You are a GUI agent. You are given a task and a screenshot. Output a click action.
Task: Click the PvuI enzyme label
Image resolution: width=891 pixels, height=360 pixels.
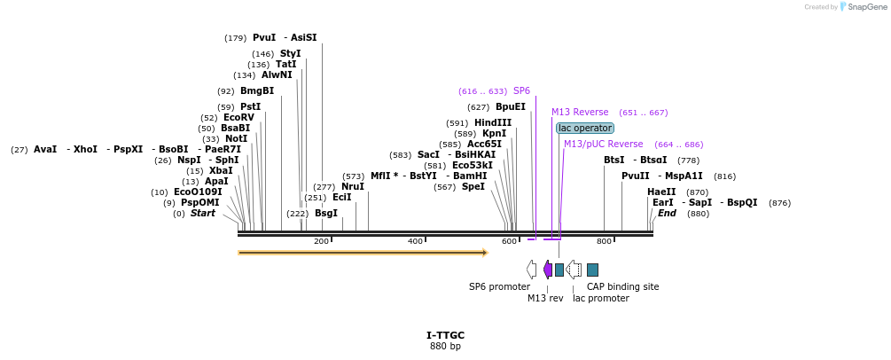[264, 38]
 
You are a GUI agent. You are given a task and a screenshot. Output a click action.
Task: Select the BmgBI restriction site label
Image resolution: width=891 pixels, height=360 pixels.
[257, 91]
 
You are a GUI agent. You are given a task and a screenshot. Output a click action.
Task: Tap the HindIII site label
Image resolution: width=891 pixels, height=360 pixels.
[493, 123]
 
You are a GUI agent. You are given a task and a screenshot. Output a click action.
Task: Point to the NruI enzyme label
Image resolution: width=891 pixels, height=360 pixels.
[353, 187]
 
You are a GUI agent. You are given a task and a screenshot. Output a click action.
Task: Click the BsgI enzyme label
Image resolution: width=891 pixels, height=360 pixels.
[326, 214]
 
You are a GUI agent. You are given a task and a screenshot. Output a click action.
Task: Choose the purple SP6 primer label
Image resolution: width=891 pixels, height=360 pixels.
[521, 91]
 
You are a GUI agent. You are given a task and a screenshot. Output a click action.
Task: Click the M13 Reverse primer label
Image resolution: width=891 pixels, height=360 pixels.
[580, 113]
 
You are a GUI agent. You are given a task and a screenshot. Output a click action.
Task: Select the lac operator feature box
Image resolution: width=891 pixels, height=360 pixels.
[585, 129]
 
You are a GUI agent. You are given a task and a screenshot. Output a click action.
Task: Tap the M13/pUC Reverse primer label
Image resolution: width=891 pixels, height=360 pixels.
[603, 145]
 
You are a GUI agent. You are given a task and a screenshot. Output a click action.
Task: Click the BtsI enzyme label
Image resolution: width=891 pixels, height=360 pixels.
[614, 160]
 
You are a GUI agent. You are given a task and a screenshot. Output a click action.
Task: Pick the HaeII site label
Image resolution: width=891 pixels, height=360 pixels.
[661, 192]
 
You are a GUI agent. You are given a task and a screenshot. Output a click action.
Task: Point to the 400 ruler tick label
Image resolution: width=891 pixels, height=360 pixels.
[415, 241]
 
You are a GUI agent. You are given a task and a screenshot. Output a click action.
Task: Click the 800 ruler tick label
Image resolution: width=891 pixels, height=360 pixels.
[604, 241]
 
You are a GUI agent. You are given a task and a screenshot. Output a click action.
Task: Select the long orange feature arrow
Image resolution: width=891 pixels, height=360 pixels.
[363, 253]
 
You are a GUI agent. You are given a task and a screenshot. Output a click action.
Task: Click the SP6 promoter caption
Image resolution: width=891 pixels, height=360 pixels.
[499, 286]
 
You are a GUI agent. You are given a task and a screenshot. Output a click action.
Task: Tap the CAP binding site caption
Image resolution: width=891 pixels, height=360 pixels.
[622, 286]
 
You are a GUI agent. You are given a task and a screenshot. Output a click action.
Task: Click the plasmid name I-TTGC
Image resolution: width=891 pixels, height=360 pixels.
[445, 335]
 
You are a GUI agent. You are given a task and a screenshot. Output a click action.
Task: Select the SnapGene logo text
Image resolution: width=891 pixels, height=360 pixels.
[869, 7]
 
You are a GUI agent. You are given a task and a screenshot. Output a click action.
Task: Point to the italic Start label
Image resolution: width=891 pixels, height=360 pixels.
[202, 214]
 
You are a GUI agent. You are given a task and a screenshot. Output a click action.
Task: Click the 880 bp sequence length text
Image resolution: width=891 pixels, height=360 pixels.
[445, 346]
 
